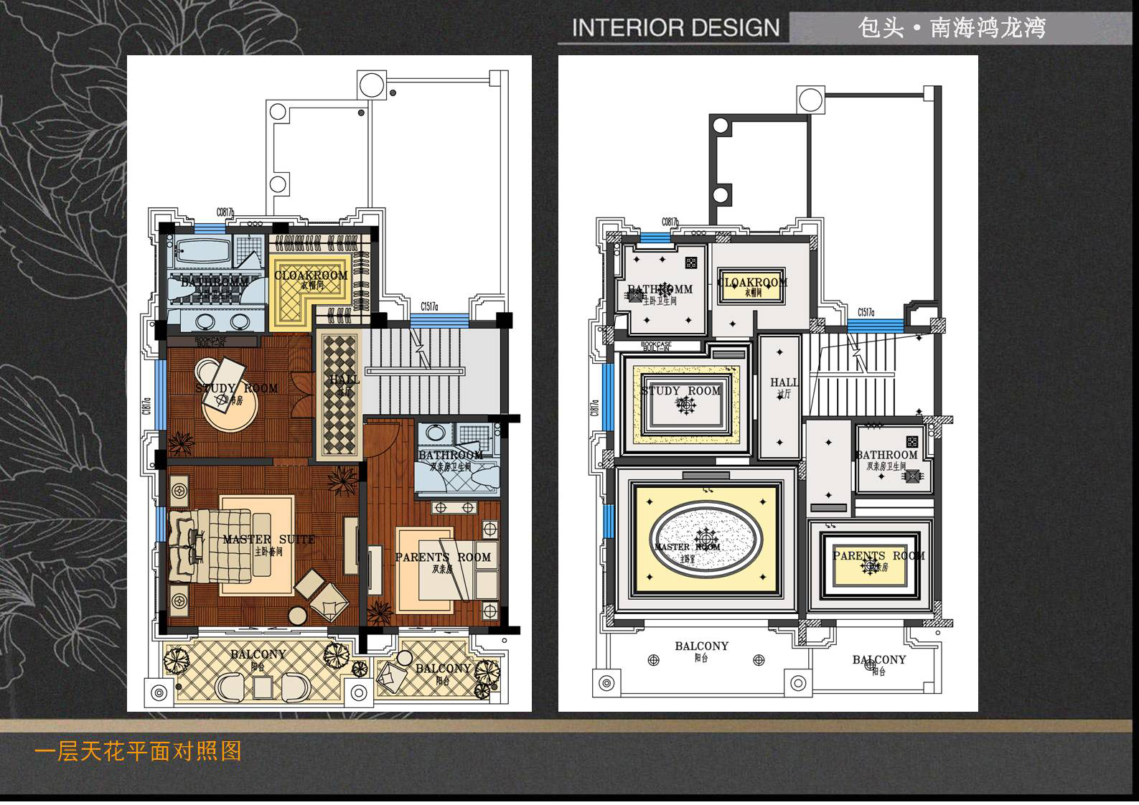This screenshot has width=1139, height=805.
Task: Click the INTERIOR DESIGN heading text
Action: pyautogui.click(x=675, y=28)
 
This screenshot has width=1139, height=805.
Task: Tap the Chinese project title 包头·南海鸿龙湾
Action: pyautogui.click(x=952, y=28)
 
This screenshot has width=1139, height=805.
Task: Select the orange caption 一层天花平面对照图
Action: pyautogui.click(x=138, y=751)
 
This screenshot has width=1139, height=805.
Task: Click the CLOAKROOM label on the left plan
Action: pyautogui.click(x=311, y=276)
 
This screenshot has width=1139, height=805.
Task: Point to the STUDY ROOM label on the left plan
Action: pyautogui.click(x=237, y=388)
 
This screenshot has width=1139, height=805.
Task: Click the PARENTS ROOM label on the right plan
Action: pyautogui.click(x=878, y=556)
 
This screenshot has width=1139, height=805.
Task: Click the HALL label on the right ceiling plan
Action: pyautogui.click(x=784, y=382)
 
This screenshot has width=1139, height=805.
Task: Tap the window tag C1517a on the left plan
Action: pyautogui.click(x=430, y=307)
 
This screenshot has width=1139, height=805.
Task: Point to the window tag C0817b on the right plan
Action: pyautogui.click(x=670, y=222)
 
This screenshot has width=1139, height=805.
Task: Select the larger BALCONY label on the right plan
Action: pyautogui.click(x=701, y=646)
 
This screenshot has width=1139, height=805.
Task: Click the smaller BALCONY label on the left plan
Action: pyautogui.click(x=443, y=668)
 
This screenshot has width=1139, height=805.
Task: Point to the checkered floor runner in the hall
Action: pyautogui.click(x=339, y=395)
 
